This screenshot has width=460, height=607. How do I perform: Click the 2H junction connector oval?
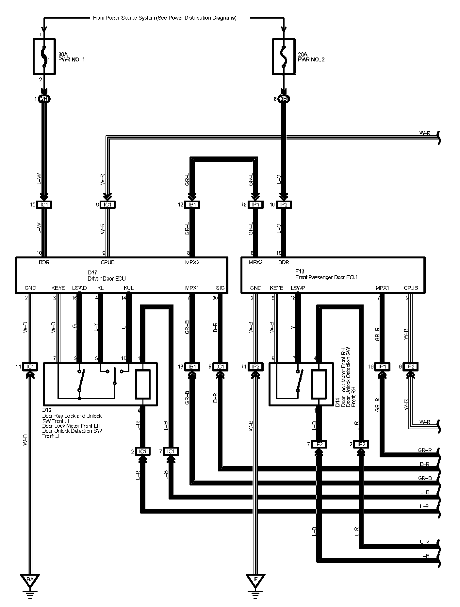pos(44,99)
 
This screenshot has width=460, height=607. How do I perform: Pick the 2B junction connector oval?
pos(284,99)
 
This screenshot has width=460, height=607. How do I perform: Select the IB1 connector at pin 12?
pos(192,205)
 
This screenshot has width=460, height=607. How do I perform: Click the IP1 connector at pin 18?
pos(256,205)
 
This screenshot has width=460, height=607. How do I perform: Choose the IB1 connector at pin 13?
pos(192,367)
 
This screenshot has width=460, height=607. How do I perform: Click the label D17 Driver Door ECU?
pos(107,276)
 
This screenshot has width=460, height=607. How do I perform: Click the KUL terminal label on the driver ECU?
pos(128,288)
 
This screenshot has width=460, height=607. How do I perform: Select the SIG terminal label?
pos(221,288)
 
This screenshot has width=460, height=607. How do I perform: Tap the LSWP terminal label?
pos(298,288)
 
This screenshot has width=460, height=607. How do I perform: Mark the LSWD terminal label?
pos(79,288)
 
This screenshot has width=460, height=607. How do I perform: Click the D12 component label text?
pos(72,423)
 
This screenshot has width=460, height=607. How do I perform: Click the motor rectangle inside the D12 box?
pos(142,385)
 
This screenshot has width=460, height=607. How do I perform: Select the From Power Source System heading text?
pos(164,18)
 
